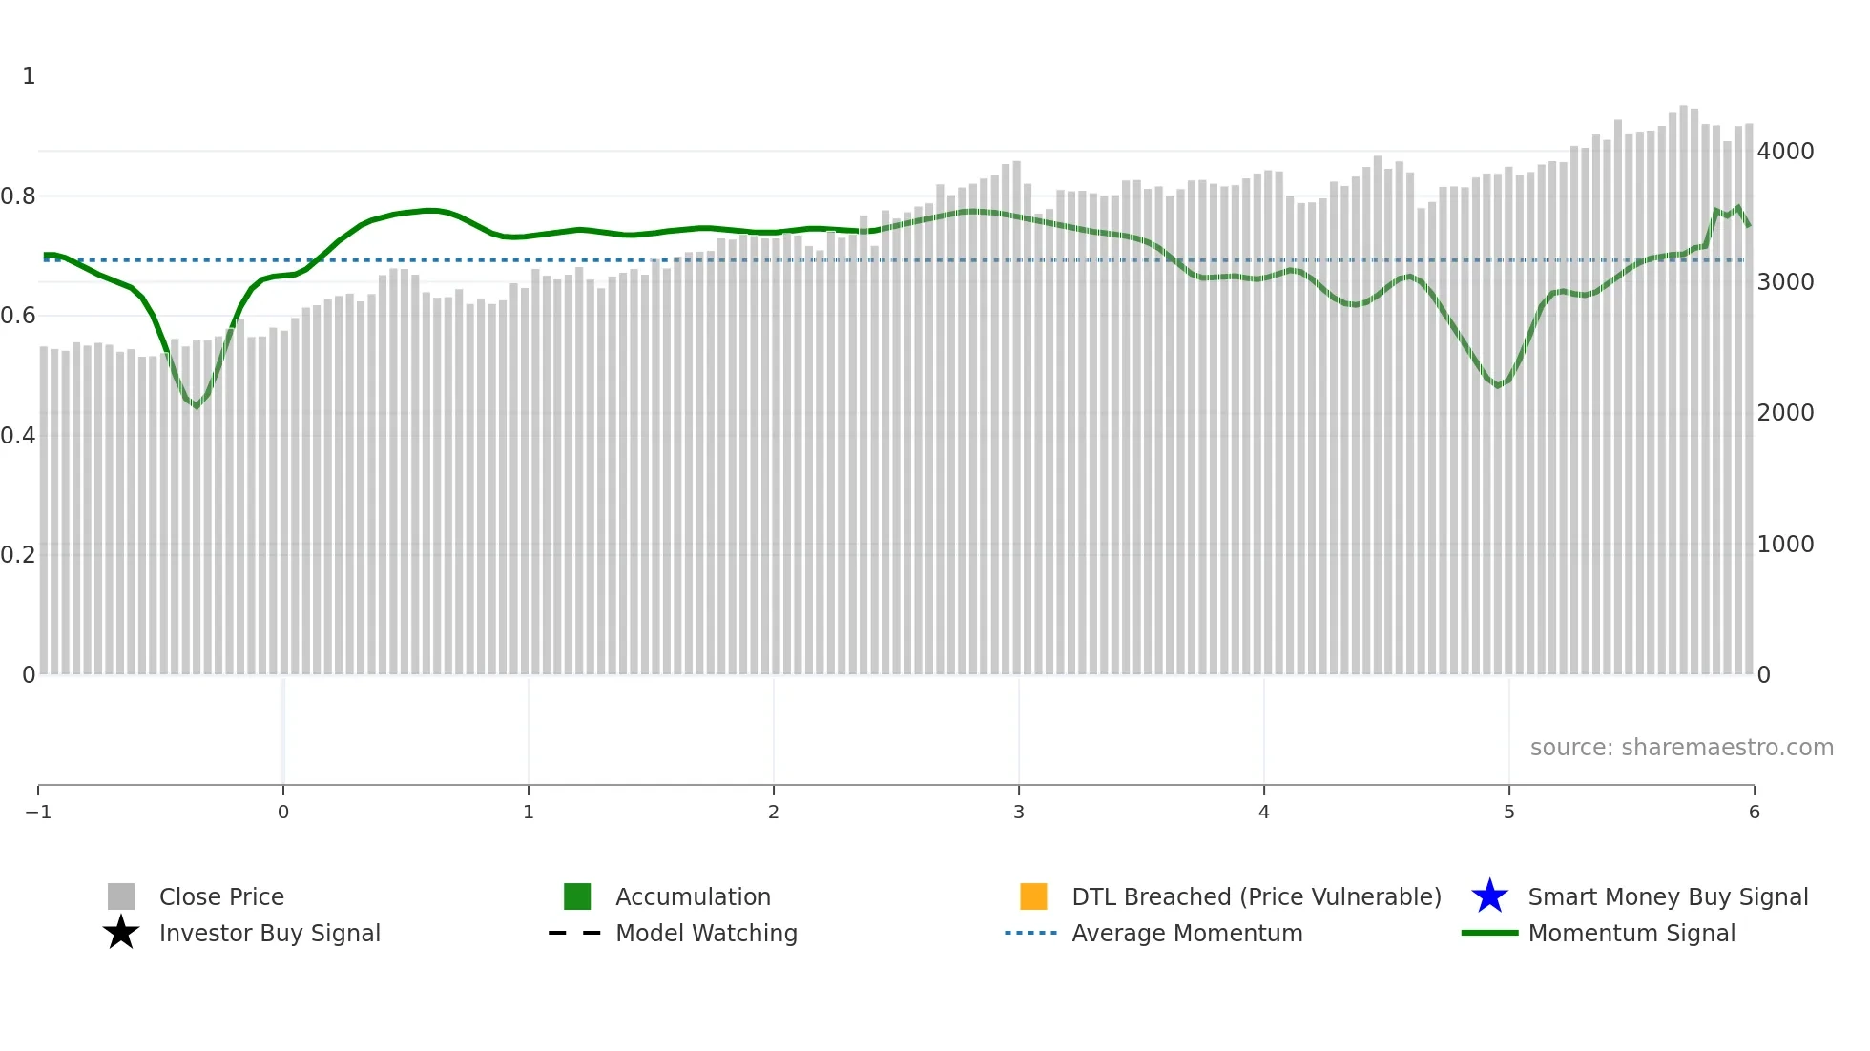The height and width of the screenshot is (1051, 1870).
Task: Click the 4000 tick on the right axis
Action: tap(1785, 151)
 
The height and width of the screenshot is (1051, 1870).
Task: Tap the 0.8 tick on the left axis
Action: tap(18, 196)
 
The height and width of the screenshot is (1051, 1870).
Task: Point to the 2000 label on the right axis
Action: tap(1785, 413)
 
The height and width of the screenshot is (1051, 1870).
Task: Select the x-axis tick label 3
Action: tap(1019, 812)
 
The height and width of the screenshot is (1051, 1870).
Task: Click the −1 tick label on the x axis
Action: tap(38, 812)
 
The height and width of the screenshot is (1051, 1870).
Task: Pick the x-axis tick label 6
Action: tap(1754, 812)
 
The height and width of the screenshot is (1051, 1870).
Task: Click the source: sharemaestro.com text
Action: tap(1681, 748)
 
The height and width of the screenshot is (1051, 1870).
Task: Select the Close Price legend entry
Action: tap(221, 896)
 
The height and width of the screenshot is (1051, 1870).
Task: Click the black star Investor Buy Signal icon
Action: tap(121, 933)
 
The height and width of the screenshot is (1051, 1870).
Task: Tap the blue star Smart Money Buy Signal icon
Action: tap(1489, 896)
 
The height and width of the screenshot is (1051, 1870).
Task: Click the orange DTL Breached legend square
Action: tap(1033, 896)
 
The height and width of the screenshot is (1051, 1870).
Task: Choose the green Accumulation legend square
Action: tap(577, 896)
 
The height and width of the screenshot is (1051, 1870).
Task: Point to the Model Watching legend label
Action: tap(706, 933)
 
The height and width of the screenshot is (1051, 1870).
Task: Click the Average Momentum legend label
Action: tap(1187, 933)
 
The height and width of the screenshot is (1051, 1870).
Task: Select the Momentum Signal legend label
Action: tap(1631, 933)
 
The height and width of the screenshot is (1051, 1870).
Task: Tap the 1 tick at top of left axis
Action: tap(29, 76)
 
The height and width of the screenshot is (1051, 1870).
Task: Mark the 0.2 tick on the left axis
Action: tap(18, 555)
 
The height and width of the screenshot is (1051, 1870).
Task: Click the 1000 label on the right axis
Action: tap(1785, 545)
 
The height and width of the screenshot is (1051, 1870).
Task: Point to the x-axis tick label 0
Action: tap(283, 812)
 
